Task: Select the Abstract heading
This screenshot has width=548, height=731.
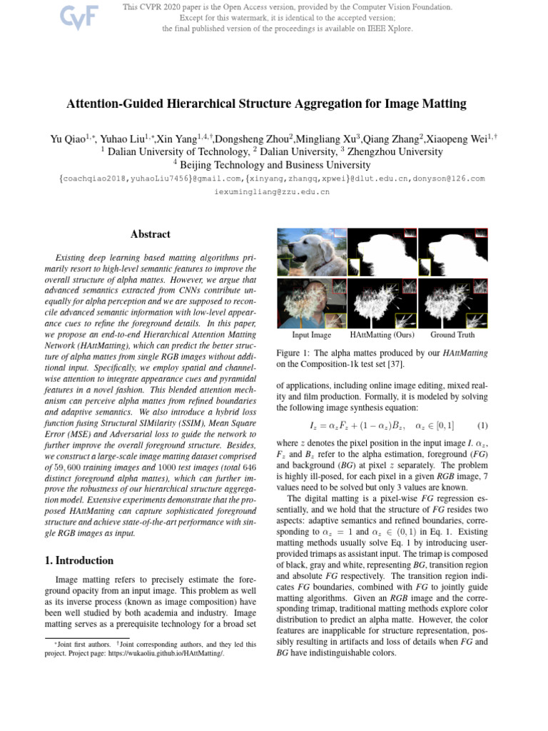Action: tap(150, 234)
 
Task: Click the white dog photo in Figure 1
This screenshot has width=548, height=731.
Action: tap(310, 252)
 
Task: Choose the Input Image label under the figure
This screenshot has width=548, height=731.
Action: tap(312, 334)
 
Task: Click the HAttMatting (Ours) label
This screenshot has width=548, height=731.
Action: tap(382, 334)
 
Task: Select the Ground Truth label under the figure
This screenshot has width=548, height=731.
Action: tap(452, 334)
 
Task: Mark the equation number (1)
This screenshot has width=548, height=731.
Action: tap(482, 426)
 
